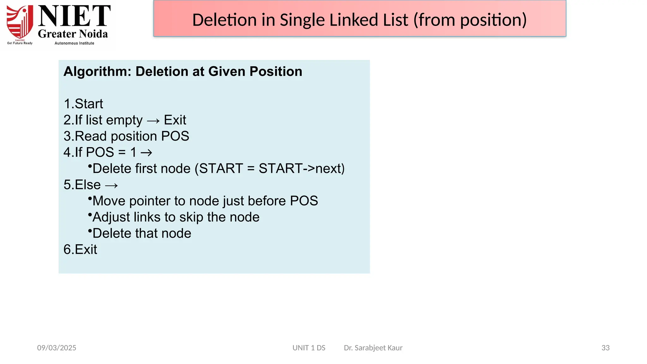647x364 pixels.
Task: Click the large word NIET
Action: pos(74,16)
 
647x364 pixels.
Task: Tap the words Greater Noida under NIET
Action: pos(73,34)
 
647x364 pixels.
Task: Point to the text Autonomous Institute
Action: pos(74,43)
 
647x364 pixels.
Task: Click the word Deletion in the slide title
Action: pos(224,20)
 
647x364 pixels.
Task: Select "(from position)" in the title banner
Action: pos(470,20)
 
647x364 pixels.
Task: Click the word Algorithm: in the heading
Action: pos(97,71)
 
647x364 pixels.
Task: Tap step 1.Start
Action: pos(83,104)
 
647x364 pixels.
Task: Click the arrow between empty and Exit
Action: pos(153,121)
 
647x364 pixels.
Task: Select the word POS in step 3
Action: pos(175,136)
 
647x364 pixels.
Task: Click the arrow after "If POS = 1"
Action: pos(146,153)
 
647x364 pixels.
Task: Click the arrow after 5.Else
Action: pos(111,185)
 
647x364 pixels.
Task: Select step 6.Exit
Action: pos(80,250)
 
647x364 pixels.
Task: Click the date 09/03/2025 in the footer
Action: pos(57,348)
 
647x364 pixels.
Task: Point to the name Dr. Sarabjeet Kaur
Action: pos(373,348)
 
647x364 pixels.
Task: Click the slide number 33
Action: pos(605,348)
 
